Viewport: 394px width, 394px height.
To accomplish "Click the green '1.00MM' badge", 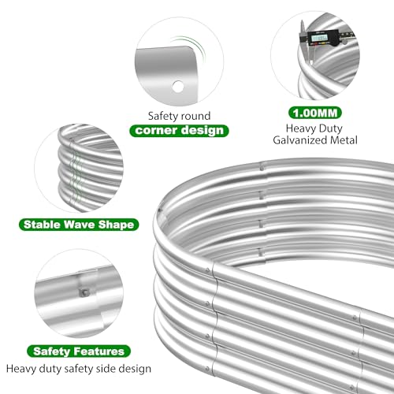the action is point(315,113).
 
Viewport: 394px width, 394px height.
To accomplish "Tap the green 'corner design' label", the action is point(179,131).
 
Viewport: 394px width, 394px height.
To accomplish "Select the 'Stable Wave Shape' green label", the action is point(79,225).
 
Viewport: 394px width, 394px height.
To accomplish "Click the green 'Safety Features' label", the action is point(79,351).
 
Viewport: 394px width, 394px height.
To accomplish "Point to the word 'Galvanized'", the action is point(300,140).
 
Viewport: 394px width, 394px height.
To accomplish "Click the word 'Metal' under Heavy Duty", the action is point(344,140).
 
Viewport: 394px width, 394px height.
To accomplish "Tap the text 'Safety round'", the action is point(179,116).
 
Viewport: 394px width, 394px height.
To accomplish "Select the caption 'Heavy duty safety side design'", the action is point(79,369).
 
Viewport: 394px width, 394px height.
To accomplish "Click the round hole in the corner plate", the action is point(178,86).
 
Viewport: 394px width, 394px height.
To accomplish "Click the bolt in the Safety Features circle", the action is point(84,292).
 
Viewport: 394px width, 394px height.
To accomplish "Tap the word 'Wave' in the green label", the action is point(80,225).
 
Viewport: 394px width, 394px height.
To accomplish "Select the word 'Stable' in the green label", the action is point(42,225).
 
